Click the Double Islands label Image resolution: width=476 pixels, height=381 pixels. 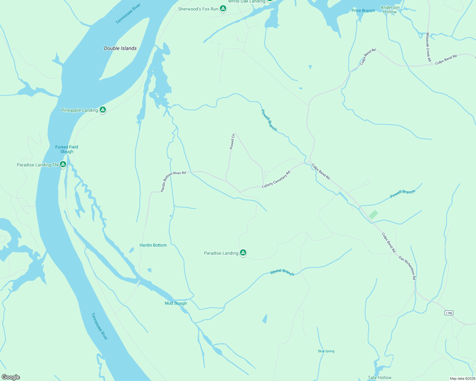[120, 48]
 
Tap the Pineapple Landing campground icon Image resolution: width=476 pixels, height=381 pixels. [102, 110]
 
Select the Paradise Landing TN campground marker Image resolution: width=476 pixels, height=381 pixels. [63, 164]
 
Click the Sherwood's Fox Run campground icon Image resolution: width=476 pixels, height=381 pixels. [223, 9]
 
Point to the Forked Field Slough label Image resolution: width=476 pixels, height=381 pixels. [66, 149]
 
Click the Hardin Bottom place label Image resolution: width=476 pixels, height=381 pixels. [153, 245]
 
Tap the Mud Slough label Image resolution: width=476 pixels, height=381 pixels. [176, 303]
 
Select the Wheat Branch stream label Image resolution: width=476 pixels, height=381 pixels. [282, 272]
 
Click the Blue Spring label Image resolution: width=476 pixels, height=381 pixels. [326, 351]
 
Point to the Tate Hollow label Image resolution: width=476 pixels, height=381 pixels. [380, 378]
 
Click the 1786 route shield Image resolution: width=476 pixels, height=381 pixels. [449, 313]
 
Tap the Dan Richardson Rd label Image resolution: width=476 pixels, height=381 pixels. [407, 268]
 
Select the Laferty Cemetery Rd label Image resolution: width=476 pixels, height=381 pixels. [276, 180]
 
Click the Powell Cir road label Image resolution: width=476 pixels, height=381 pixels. [232, 141]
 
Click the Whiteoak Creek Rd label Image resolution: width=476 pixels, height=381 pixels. [429, 47]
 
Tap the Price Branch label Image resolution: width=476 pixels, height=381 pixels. [363, 10]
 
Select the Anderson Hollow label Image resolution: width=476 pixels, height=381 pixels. [390, 10]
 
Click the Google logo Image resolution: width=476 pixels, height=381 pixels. [10, 377]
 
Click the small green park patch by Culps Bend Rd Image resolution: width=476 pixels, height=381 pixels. [373, 215]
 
